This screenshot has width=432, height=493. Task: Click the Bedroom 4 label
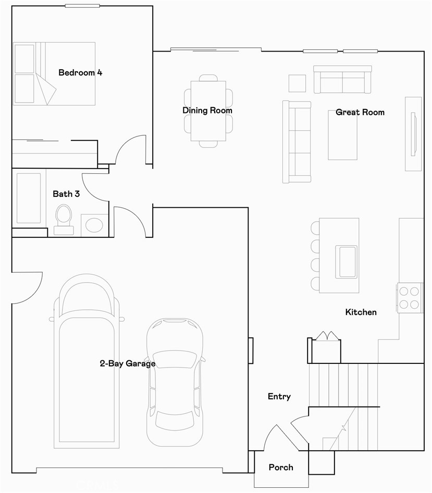tap(80, 73)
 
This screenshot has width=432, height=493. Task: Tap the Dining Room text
tap(207, 110)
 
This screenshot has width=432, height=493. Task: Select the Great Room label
tap(360, 112)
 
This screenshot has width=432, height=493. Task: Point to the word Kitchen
tap(361, 312)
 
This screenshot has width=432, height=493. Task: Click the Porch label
tap(281, 467)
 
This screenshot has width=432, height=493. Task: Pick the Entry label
tap(279, 397)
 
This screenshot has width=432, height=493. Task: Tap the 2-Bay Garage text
tap(128, 363)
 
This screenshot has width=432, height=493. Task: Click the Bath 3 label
tap(66, 194)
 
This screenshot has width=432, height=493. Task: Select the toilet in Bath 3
tap(64, 220)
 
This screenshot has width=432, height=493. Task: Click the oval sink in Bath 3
tap(94, 225)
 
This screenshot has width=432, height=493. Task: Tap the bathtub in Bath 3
tap(29, 198)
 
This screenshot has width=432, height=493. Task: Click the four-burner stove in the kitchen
tap(410, 298)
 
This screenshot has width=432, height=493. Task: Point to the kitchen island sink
tap(346, 262)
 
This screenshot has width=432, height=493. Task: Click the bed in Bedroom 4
tap(54, 73)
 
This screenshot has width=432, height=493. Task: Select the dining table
tap(208, 111)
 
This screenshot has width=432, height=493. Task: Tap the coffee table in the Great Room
tap(343, 135)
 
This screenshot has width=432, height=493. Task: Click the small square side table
tap(298, 83)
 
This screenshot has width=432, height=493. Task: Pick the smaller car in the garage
tap(175, 382)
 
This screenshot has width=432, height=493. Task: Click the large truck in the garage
tap(87, 361)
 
